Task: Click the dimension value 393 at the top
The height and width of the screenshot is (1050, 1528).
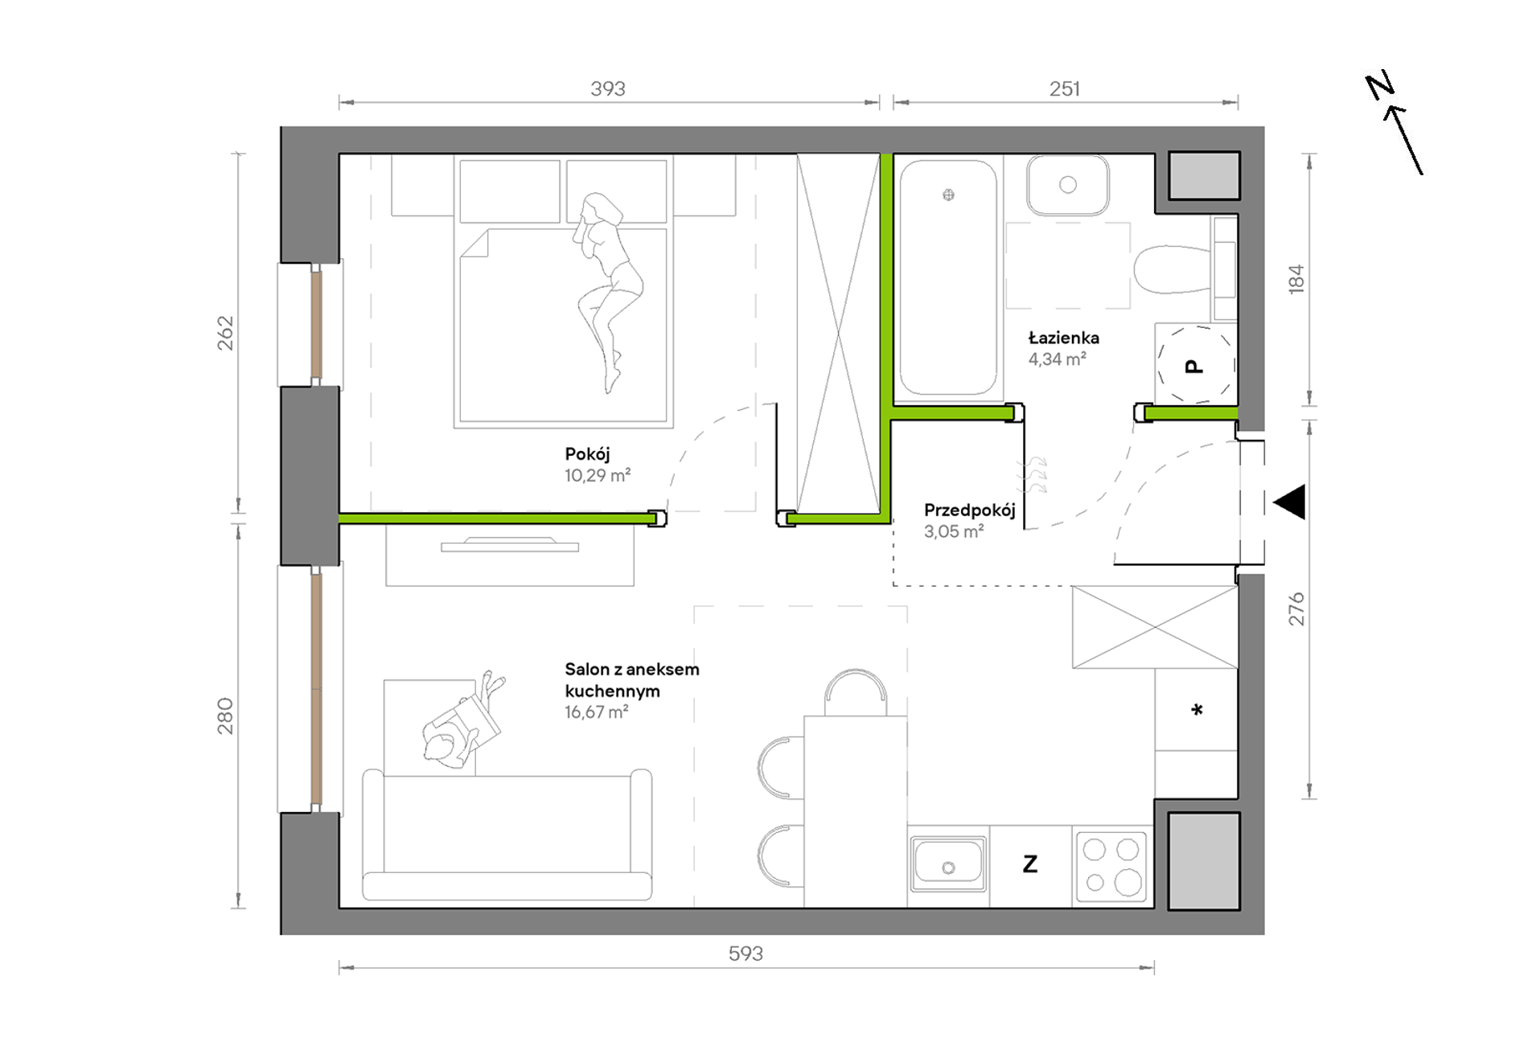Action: point(608,88)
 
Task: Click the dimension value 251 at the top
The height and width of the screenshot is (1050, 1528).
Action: point(1065,88)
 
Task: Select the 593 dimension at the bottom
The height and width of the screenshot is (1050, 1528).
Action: point(746,954)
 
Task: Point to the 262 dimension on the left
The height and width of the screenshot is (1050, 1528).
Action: point(226,333)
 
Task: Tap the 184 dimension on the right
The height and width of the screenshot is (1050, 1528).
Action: point(1296,279)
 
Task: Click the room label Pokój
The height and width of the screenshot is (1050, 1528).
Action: point(587,454)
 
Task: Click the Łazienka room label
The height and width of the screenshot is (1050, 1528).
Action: point(1063,338)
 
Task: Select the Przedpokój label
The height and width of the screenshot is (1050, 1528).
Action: point(969,511)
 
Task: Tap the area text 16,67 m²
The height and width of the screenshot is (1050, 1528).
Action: point(596,712)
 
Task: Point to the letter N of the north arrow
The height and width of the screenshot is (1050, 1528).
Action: point(1380,85)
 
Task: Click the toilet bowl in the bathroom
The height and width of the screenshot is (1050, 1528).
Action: point(1173,269)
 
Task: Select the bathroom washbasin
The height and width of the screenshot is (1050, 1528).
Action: point(1068,185)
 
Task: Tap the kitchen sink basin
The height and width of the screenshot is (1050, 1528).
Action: point(949,863)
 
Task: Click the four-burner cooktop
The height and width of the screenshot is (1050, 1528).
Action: point(1111,866)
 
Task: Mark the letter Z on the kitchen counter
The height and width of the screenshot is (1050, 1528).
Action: point(1030,864)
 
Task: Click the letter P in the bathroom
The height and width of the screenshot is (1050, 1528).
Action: point(1195,367)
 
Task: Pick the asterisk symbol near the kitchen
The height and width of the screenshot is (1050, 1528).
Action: point(1197,709)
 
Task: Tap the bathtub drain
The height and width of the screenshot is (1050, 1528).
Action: point(949,195)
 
